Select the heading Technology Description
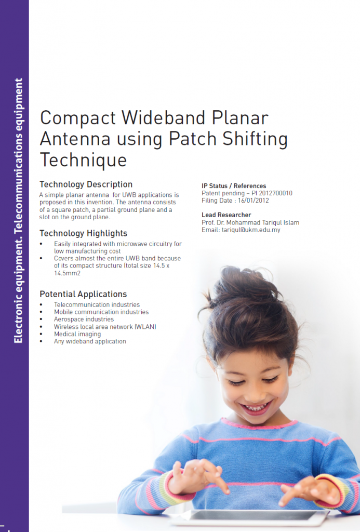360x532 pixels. pos(86,184)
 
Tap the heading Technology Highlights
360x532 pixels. pos(83,233)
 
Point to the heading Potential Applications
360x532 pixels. pos(83,294)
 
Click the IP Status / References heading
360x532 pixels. pos(234,186)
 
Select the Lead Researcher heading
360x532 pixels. pos(226,215)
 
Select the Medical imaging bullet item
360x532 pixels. pos(77,334)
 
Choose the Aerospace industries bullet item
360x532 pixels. pos(84,319)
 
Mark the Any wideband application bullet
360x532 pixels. pos(90,341)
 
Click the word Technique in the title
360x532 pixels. pos(83,159)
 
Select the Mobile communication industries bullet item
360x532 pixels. pos(101,312)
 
